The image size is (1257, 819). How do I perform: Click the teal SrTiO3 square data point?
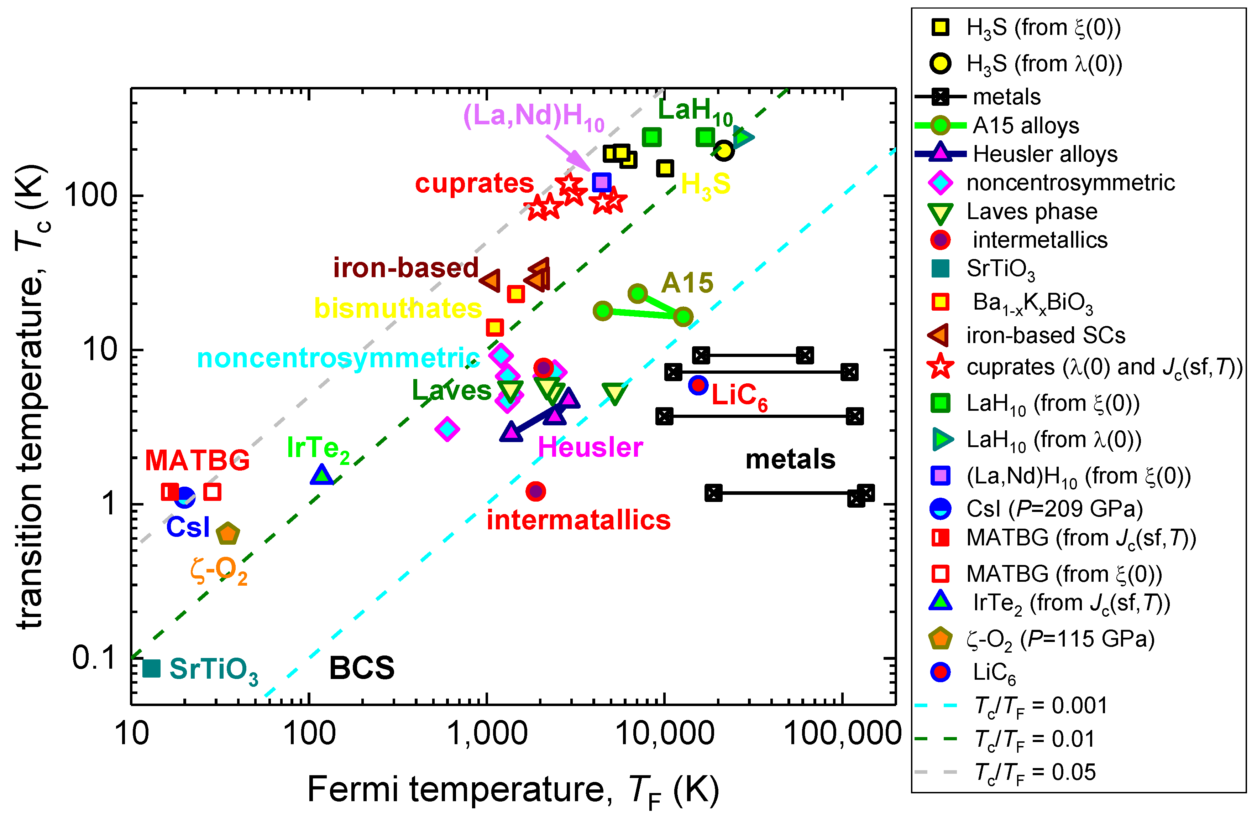tap(152, 668)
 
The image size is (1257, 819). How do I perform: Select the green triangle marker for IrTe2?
tap(322, 475)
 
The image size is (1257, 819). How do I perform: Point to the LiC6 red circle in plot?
tap(698, 385)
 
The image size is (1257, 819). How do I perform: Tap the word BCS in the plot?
tap(362, 668)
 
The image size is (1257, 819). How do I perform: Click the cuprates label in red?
tap(474, 183)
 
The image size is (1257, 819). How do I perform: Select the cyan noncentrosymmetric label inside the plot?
tap(338, 358)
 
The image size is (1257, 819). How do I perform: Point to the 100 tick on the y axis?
tap(90, 196)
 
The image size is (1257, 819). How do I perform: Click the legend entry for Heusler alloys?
tap(1045, 154)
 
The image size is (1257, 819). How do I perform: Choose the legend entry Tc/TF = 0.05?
tap(1034, 772)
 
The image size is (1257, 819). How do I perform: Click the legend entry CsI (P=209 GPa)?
tap(1054, 509)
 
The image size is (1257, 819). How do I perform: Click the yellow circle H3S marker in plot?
tap(724, 151)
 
